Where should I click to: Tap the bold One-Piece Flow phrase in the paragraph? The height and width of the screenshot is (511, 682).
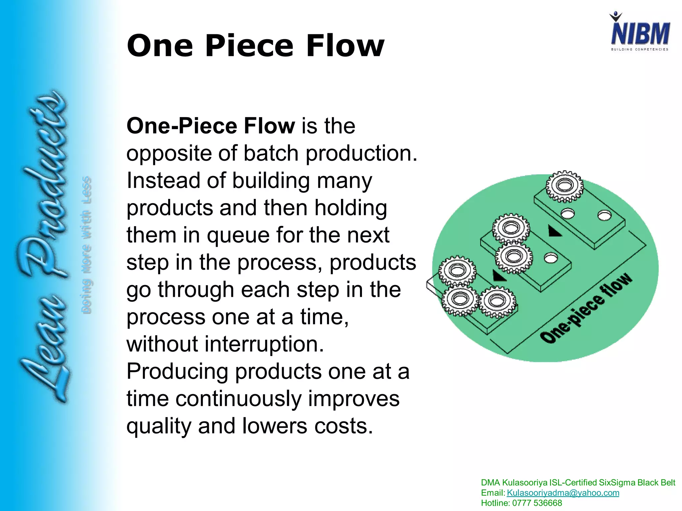210,126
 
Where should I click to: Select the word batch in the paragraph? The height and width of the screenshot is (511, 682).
271,153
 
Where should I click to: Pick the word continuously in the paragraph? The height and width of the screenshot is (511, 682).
238,399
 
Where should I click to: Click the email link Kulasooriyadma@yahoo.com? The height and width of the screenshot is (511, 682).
563,493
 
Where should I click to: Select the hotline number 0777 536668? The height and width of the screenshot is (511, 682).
537,503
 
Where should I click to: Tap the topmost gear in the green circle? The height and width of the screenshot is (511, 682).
564,186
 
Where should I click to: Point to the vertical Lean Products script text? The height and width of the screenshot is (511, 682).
42,246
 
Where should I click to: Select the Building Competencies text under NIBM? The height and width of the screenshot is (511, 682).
639,49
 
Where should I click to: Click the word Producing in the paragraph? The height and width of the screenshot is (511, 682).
177,371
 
